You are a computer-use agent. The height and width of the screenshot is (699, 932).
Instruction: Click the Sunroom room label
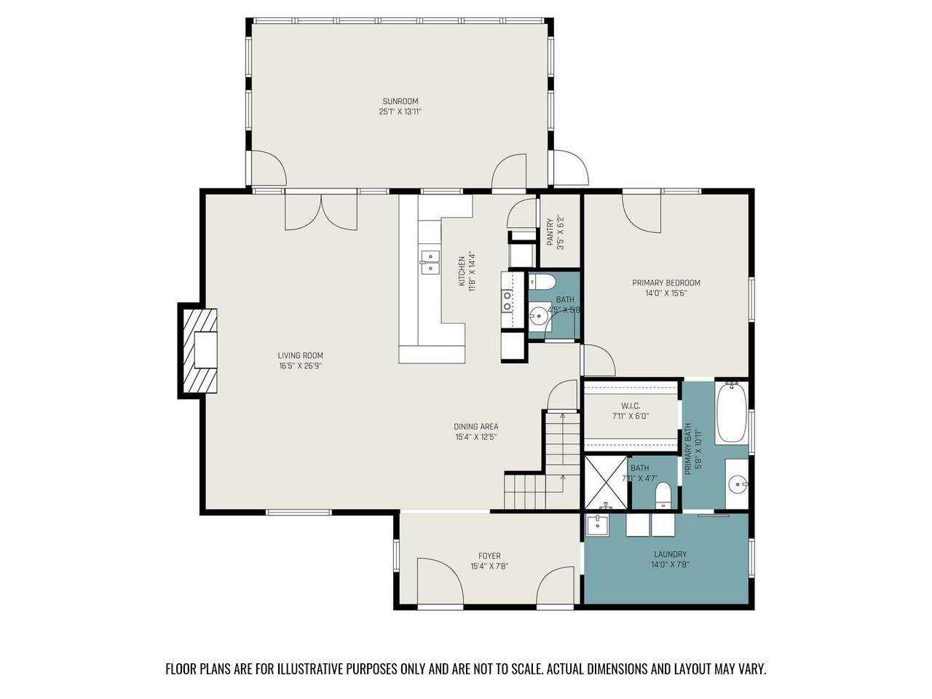[400, 101]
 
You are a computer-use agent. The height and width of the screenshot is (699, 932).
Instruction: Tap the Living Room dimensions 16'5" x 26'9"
[300, 366]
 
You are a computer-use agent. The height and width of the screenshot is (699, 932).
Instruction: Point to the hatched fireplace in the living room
[200, 350]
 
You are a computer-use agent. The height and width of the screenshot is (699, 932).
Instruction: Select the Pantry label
[550, 232]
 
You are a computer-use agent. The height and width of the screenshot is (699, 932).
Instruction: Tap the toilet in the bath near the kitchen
[542, 281]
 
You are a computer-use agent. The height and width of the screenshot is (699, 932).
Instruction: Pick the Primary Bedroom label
[666, 283]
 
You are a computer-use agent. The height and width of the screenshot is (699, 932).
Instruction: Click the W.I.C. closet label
[631, 406]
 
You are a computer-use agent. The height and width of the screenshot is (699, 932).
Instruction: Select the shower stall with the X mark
[606, 482]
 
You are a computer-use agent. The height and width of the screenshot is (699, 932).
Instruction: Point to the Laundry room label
[670, 554]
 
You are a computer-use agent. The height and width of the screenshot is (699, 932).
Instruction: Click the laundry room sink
[597, 526]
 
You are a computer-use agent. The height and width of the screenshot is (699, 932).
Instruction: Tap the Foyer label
[489, 556]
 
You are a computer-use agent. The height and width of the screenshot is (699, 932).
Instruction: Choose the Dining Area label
[475, 427]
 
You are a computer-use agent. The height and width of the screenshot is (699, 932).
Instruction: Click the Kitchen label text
[462, 271]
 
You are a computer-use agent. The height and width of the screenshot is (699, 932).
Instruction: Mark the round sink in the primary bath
[737, 483]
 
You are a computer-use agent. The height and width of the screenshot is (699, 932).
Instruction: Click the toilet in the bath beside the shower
[663, 495]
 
